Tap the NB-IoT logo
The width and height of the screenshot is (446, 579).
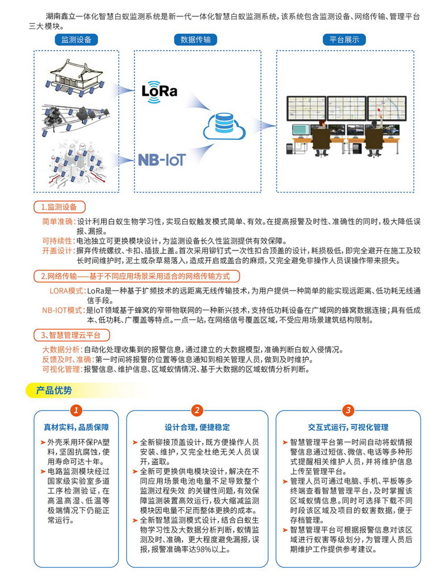[x=161, y=160]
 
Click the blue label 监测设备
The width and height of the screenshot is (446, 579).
[x=76, y=40]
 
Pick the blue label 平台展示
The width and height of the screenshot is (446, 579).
[x=344, y=40]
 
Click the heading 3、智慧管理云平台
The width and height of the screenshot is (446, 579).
[x=70, y=335]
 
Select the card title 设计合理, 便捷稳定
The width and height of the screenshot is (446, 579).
[x=197, y=428]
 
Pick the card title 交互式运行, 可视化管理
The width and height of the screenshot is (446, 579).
[x=348, y=428]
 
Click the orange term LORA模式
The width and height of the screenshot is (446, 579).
[x=67, y=291]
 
